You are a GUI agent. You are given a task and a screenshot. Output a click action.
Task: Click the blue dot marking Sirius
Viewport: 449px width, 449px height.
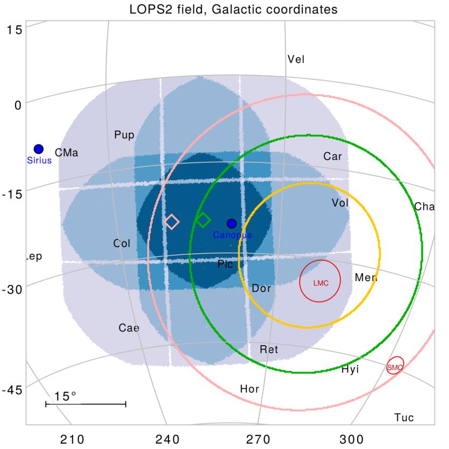[x=38, y=149]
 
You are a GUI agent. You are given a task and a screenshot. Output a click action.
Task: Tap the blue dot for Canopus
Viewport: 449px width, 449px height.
[x=232, y=223]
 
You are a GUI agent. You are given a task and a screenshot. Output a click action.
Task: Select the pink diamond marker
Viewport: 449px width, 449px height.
[x=172, y=222]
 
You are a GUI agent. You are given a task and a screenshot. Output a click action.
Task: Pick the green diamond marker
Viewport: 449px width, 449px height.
[x=203, y=219]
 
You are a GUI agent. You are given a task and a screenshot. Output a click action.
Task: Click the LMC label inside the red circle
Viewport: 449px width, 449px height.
[x=320, y=283]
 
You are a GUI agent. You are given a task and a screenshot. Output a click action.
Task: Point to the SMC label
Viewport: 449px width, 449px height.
[x=395, y=367]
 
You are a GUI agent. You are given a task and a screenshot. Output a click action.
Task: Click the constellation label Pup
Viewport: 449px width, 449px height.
[x=124, y=135]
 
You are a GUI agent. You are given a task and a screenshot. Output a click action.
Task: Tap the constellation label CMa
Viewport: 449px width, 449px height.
[x=66, y=153]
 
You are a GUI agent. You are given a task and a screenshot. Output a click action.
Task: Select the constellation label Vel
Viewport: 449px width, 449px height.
[x=296, y=59]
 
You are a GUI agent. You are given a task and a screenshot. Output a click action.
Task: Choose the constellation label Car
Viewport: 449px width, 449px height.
[x=332, y=156]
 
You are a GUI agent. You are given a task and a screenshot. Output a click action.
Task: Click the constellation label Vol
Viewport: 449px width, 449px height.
[x=341, y=203]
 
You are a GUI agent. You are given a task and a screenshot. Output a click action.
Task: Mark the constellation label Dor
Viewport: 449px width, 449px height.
[x=261, y=289]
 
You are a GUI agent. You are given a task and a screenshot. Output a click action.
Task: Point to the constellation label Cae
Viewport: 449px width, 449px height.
[x=129, y=328]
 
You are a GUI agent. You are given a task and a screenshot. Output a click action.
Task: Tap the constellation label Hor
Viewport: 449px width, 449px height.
[x=250, y=389]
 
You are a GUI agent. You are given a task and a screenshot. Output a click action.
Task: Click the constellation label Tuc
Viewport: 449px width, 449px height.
[x=404, y=418]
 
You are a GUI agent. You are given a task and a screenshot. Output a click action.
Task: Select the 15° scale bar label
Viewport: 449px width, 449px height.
[x=66, y=396]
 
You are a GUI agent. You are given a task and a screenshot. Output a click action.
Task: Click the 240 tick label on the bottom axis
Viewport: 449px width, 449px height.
[x=167, y=439]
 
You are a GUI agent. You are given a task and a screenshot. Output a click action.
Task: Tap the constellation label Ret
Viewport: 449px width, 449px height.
[x=269, y=350]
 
